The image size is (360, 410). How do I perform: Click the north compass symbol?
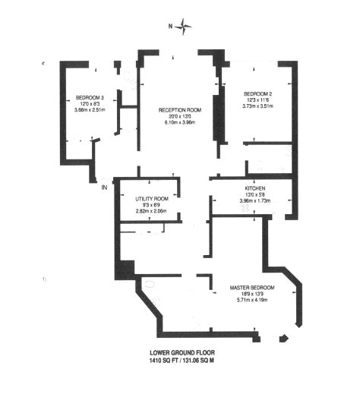click(x=185, y=29)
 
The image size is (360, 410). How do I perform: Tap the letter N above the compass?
click(x=171, y=27)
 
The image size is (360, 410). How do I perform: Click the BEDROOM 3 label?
click(x=90, y=98)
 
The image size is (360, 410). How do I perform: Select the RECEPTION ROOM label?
click(x=178, y=110)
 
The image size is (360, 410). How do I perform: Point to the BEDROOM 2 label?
click(x=256, y=94)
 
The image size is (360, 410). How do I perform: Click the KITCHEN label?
click(x=254, y=188)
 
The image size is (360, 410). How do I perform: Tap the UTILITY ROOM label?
click(x=150, y=198)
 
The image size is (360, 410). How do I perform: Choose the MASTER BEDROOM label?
click(x=252, y=289)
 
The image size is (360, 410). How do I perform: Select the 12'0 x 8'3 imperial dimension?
click(x=90, y=104)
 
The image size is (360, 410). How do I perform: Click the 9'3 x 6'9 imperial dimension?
click(x=150, y=204)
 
